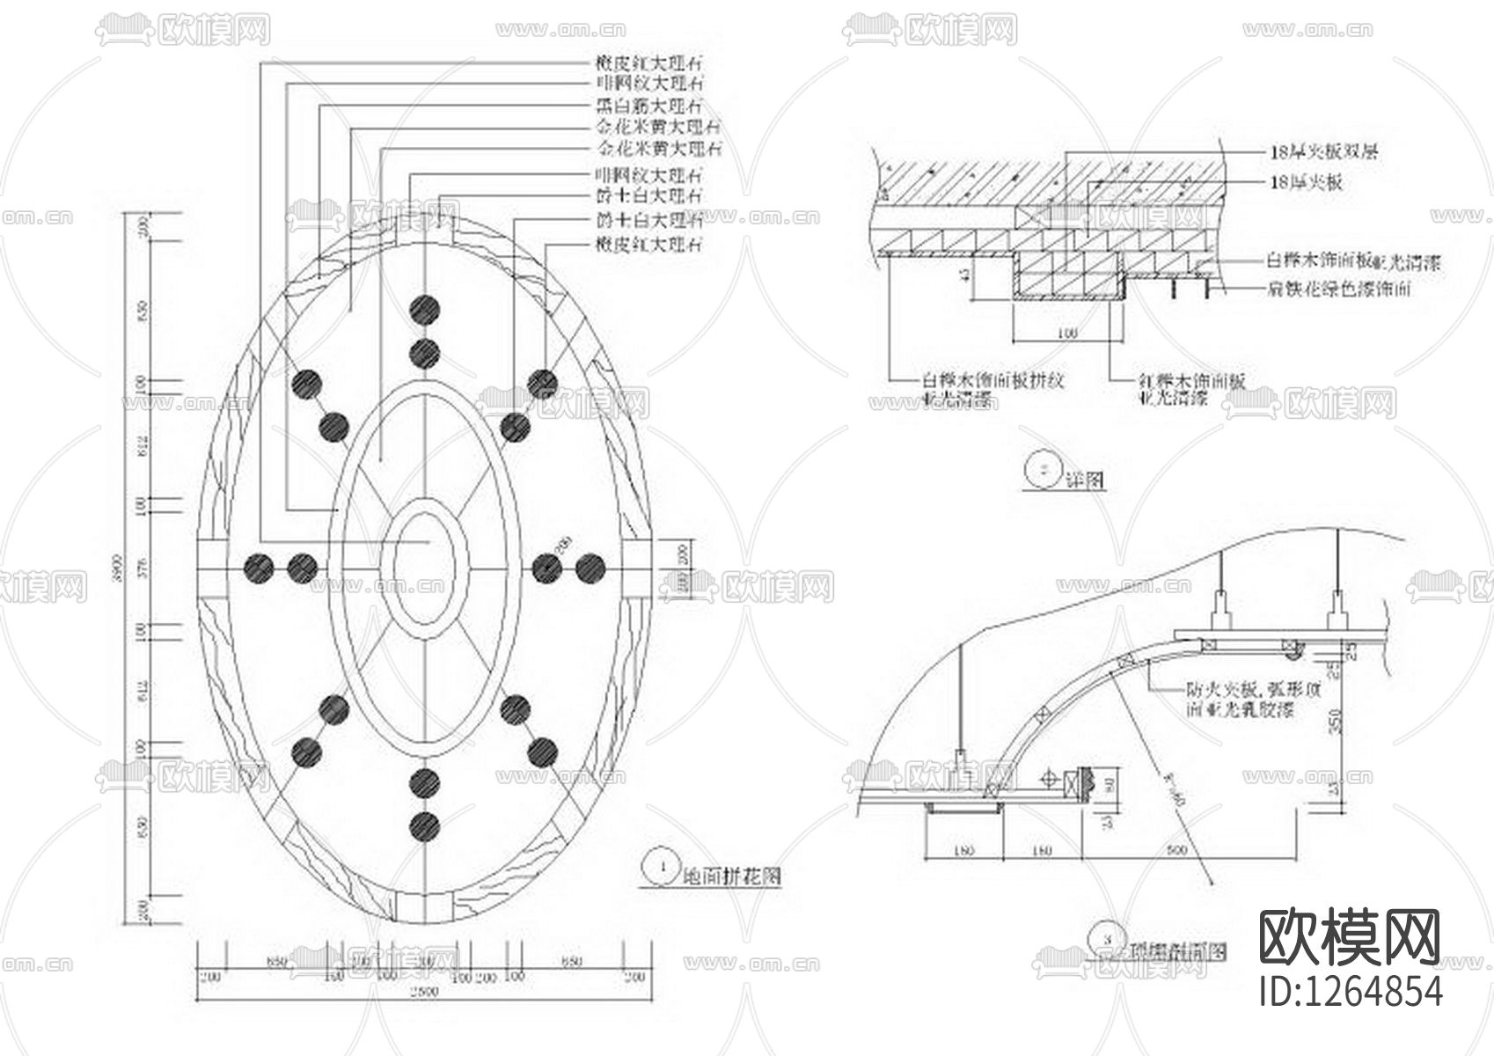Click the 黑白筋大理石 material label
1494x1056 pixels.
pos(649,106)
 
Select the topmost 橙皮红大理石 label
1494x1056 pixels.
pos(649,63)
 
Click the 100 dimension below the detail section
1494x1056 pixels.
pos(1067,334)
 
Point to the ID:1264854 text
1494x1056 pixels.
pos(1351,990)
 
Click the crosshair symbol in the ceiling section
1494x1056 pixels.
pos(1049,779)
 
